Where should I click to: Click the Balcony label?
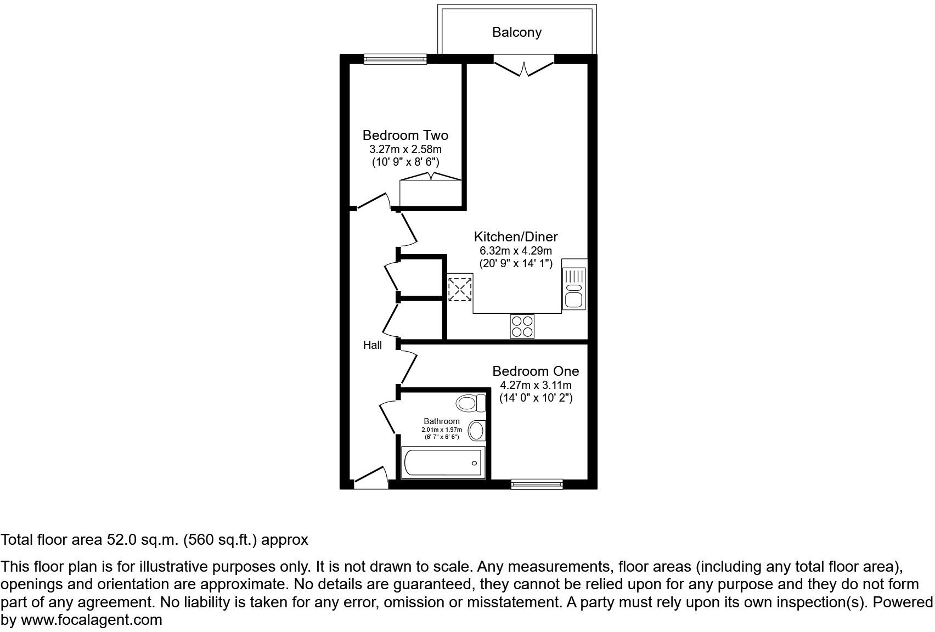[516, 32]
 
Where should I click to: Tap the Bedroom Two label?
[405, 135]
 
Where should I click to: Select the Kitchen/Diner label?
[516, 236]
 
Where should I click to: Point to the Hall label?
[373, 345]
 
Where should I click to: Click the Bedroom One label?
[536, 371]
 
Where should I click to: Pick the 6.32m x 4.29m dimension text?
[516, 251]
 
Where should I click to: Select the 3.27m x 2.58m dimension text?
[405, 149]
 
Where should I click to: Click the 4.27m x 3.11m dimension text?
[536, 385]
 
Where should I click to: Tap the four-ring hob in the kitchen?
[522, 326]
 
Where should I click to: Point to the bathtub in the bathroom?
[443, 462]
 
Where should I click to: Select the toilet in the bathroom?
[471, 404]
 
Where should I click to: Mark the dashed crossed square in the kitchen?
[460, 289]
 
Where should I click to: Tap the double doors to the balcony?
[524, 66]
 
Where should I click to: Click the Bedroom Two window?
[395, 59]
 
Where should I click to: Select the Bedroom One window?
[537, 483]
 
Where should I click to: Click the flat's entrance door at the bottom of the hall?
[371, 478]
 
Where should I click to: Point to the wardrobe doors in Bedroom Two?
[431, 177]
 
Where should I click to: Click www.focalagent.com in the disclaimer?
[92, 620]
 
